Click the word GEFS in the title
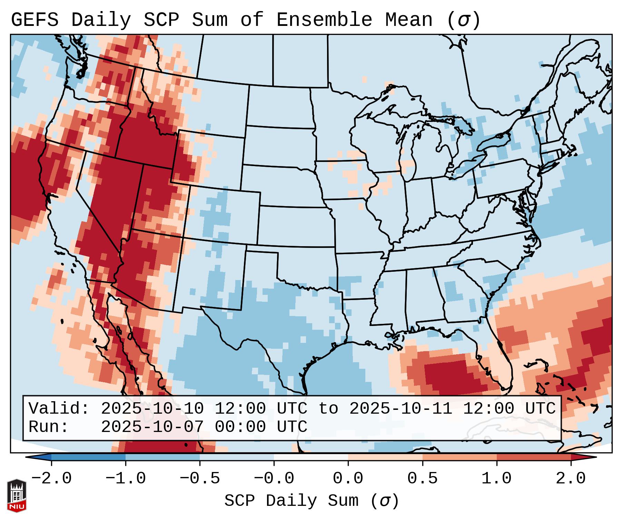34,20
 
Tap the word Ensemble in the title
324,20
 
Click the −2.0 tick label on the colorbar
51,479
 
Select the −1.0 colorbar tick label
125,479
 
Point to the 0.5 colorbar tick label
422,479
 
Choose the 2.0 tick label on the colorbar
571,479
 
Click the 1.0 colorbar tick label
496,479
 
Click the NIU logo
17,495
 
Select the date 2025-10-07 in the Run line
152,427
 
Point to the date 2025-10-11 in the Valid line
401,409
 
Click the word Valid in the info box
59,409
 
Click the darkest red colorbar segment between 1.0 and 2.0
534,457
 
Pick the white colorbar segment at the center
311,457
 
